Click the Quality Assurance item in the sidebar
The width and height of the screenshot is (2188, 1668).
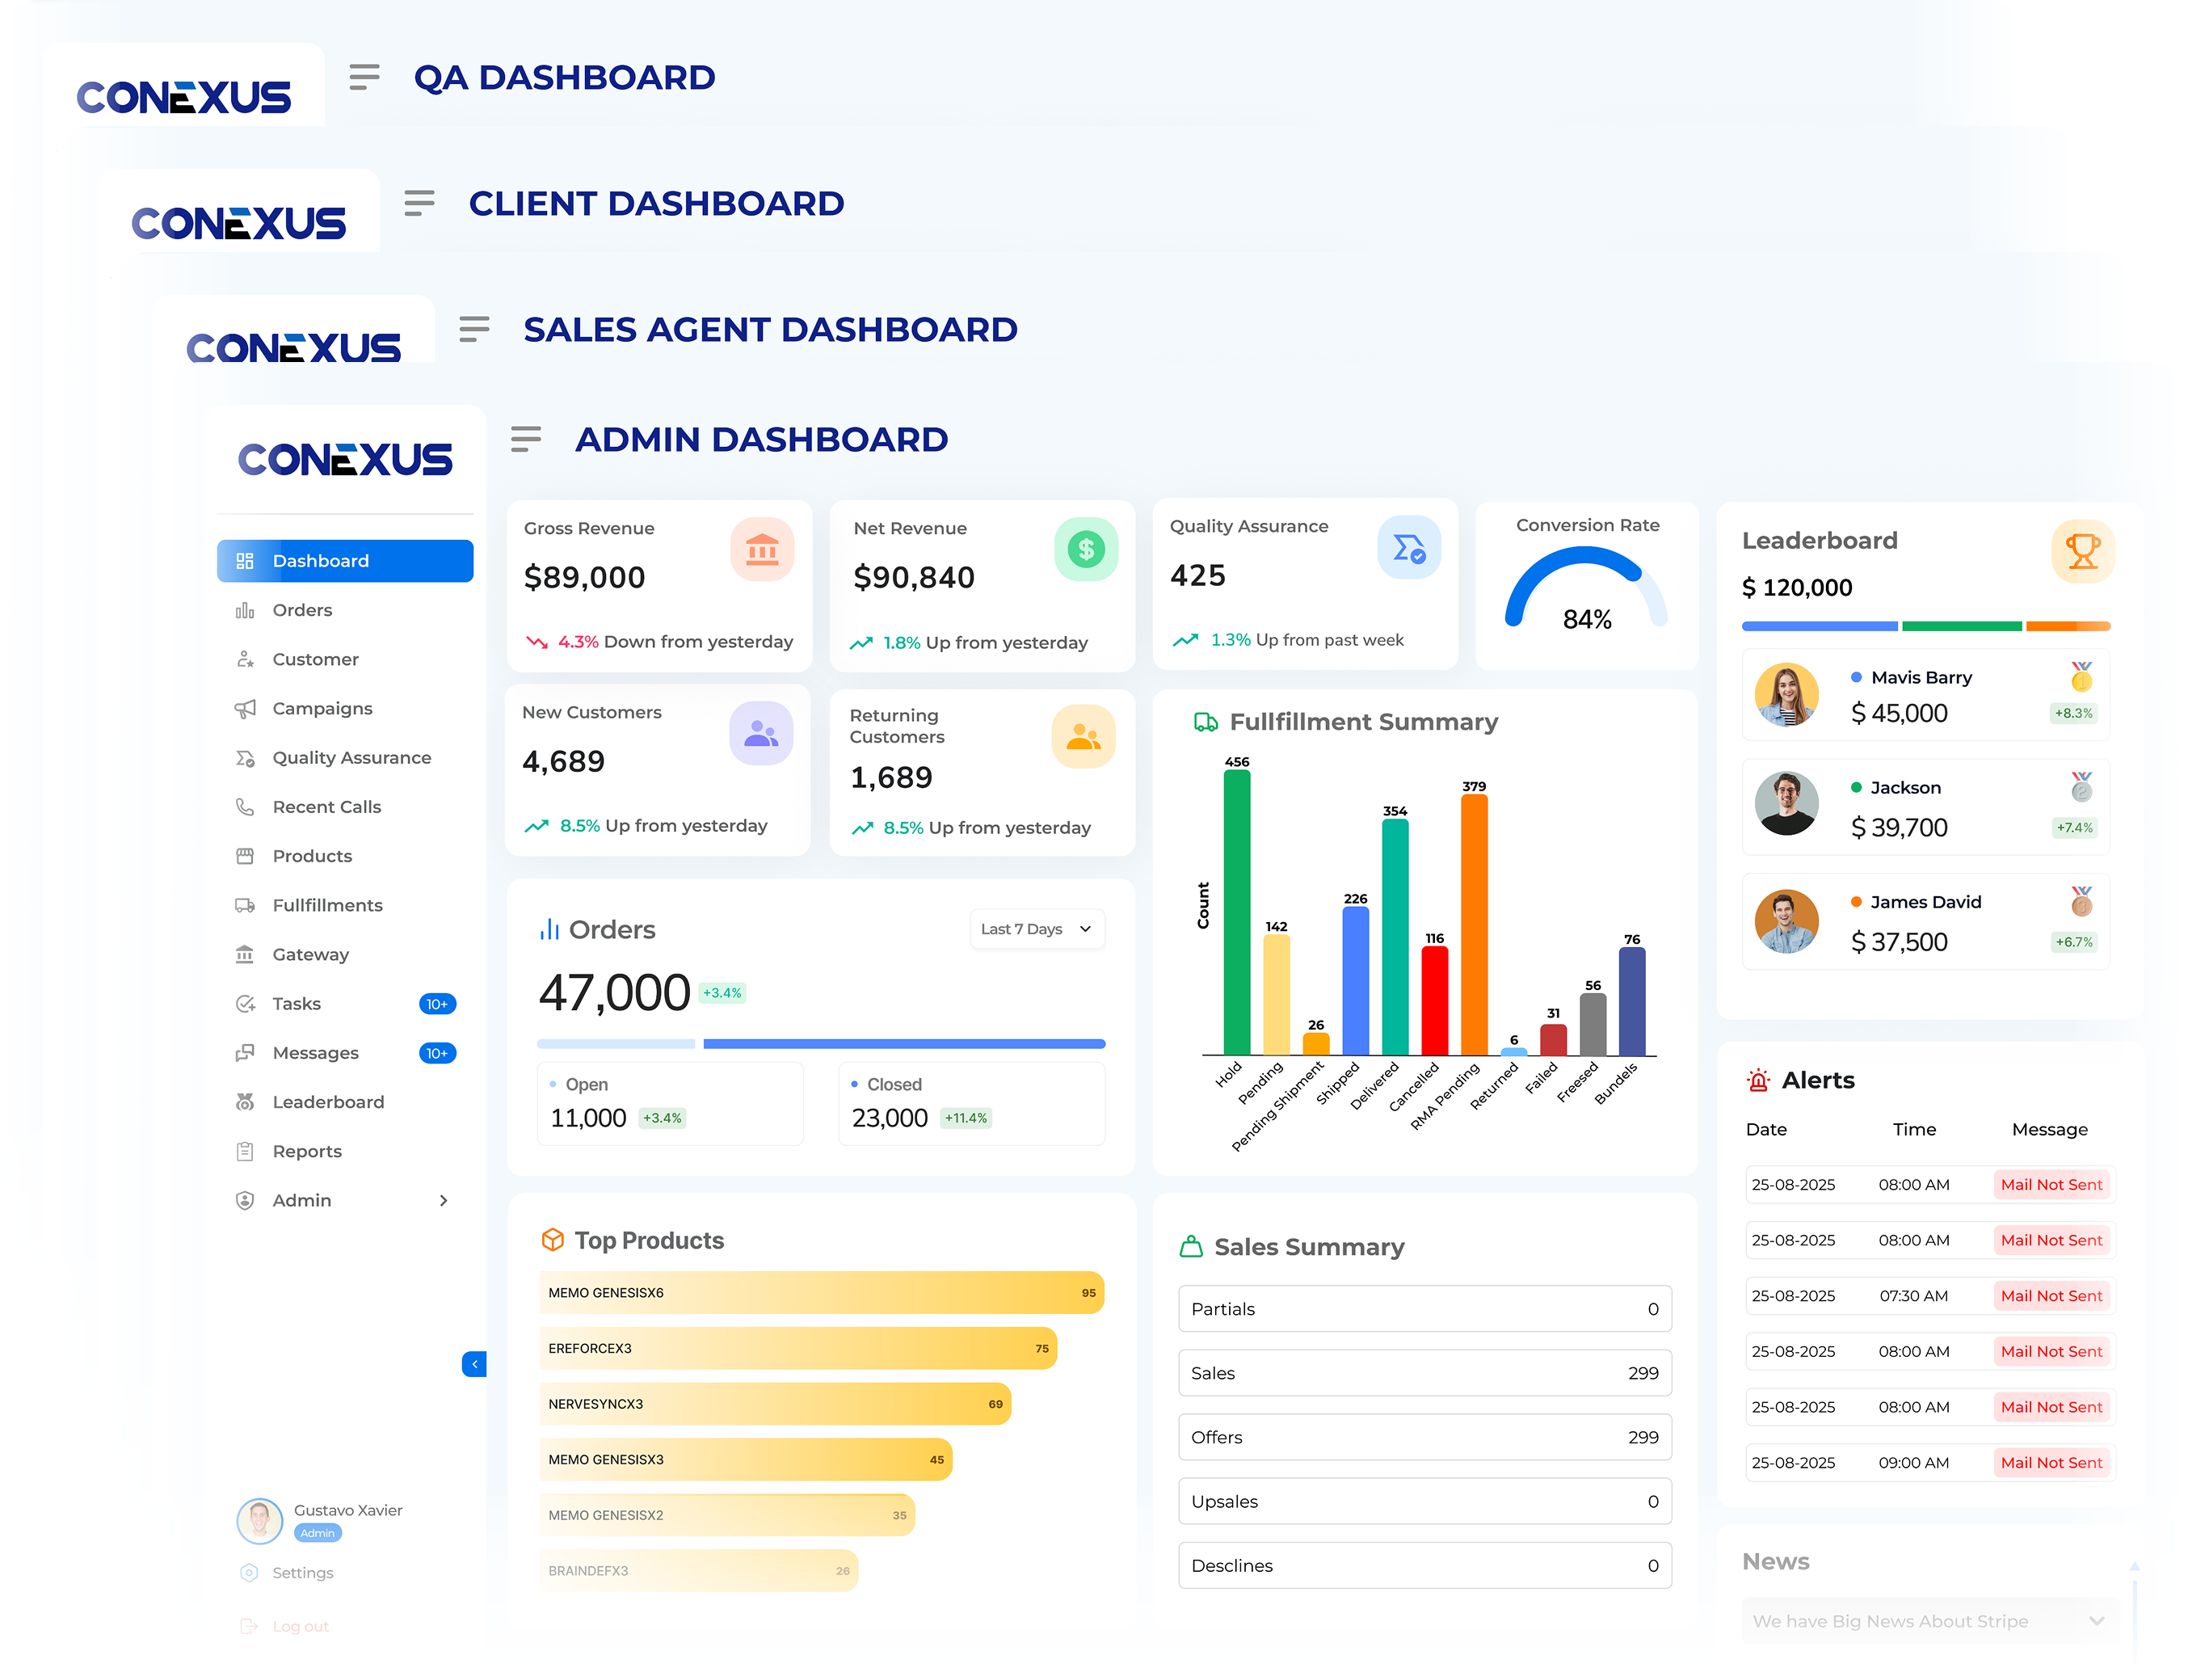351,757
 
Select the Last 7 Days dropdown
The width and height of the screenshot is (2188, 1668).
1037,929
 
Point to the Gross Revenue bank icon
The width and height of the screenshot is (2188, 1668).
761,549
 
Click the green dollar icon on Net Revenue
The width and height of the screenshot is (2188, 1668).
1085,549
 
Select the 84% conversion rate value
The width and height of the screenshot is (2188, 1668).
1586,620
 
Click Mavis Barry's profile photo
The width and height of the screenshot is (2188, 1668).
1786,695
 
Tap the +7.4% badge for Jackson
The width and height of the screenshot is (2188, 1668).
2074,827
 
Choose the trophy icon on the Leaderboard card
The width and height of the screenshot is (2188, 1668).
2082,551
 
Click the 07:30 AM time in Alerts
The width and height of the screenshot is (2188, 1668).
1913,1295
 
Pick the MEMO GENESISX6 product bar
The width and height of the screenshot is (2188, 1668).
821,1293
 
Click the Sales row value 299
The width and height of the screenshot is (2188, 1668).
1643,1373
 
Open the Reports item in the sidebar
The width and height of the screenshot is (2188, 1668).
307,1151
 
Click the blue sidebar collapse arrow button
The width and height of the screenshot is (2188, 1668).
473,1364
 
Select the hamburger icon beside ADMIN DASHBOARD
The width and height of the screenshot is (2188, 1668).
525,439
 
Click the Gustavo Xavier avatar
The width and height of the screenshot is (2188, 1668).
260,1520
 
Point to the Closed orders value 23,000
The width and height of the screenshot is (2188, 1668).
890,1118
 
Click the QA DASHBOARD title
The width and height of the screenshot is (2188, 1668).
564,78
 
